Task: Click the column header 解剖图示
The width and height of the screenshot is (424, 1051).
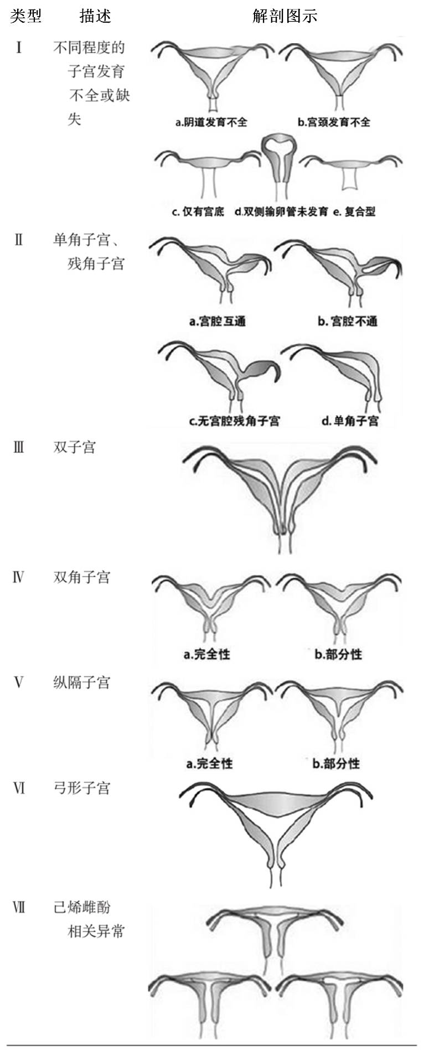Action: point(285,16)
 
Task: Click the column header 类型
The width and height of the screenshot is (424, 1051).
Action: point(25,16)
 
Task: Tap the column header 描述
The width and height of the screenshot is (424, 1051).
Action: point(95,16)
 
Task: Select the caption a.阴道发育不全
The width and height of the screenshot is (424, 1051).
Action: point(211,122)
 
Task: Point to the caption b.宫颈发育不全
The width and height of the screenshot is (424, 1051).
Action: point(334,122)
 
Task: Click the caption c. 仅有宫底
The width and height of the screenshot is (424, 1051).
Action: point(198,211)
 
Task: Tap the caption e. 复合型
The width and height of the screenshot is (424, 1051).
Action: point(354,211)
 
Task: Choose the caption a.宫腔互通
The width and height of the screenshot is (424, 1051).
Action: point(217,321)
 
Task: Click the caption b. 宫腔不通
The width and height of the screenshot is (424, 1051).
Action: point(348,321)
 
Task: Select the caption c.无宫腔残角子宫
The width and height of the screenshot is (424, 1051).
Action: point(234,421)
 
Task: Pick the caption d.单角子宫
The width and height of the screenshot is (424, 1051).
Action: point(350,421)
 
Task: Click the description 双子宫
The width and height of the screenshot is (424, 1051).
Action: point(74,447)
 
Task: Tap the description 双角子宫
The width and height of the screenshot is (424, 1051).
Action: point(81,578)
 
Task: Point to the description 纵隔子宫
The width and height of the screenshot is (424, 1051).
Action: point(81,682)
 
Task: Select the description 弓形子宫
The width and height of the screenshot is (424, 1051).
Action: point(81,788)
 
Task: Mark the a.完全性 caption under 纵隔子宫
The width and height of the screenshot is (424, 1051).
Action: point(209,764)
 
